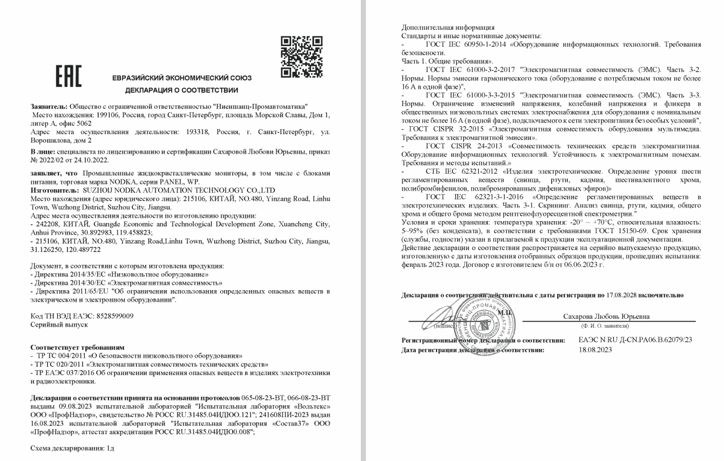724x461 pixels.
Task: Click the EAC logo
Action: pyautogui.click(x=68, y=76)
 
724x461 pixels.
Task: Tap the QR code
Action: pyautogui.click(x=301, y=56)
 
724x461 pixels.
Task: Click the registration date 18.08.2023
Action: pyautogui.click(x=595, y=350)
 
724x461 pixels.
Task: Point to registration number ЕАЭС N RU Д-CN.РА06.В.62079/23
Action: pyautogui.click(x=635, y=340)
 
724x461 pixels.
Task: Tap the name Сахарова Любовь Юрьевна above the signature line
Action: pyautogui.click(x=606, y=316)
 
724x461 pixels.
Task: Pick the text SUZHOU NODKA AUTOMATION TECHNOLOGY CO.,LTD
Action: pyautogui.click(x=178, y=190)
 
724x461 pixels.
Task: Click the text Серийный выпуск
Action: pyautogui.click(x=59, y=324)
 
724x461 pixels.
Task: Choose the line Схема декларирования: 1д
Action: pyautogui.click(x=72, y=448)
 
